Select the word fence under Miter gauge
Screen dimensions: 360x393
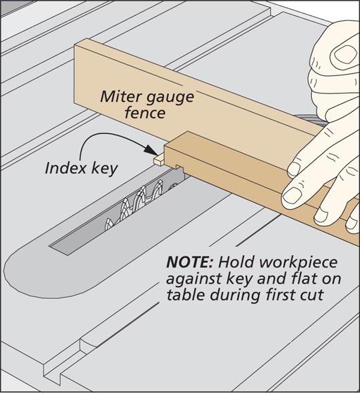pyautogui.click(x=145, y=113)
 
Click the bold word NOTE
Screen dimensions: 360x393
pyautogui.click(x=190, y=262)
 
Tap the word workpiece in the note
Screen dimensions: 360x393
pyautogui.click(x=299, y=263)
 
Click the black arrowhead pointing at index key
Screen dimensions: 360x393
pyautogui.click(x=151, y=149)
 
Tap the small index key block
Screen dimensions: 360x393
pyautogui.click(x=158, y=160)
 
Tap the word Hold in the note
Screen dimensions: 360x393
pyautogui.click(x=237, y=262)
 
